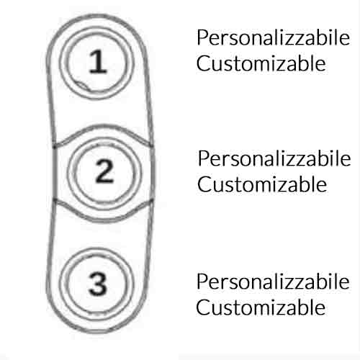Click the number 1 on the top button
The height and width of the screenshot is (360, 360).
tap(98, 61)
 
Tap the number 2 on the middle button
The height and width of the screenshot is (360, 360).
tap(104, 171)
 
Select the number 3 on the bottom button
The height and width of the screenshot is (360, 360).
tap(97, 284)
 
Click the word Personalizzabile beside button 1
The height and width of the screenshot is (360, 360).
tap(274, 37)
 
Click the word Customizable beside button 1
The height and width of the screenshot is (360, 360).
tap(261, 63)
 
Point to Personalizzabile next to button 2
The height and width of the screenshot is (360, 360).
tap(274, 158)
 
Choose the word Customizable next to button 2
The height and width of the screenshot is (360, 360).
tap(262, 184)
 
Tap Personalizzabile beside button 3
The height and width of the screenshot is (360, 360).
tap(273, 282)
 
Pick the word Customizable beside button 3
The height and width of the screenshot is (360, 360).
tap(261, 307)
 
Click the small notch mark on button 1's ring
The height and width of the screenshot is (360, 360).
tap(82, 85)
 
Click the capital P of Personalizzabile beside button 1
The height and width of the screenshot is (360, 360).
tap(202, 37)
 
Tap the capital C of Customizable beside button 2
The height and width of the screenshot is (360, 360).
tap(204, 184)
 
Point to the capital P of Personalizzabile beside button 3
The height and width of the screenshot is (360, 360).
tap(202, 282)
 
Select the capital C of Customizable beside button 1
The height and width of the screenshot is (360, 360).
tap(203, 63)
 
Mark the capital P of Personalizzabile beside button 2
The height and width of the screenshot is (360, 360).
tap(204, 158)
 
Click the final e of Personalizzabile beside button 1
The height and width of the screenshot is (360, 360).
tap(345, 40)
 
